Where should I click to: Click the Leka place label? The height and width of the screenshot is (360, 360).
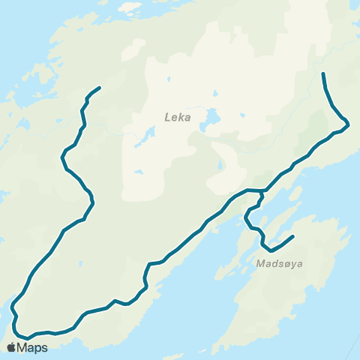tap(178, 117)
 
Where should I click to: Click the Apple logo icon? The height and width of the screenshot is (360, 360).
tap(11, 347)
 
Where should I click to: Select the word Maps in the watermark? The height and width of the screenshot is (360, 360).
tap(33, 347)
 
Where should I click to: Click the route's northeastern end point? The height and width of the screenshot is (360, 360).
tap(322, 73)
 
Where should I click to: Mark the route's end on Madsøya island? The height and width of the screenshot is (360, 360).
tap(292, 237)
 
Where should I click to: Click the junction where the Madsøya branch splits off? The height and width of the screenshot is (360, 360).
tap(262, 191)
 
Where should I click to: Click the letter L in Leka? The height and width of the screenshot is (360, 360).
tap(167, 117)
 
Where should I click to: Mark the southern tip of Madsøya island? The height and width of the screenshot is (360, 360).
tap(217, 349)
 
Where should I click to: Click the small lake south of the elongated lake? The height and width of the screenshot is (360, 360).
tap(139, 172)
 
